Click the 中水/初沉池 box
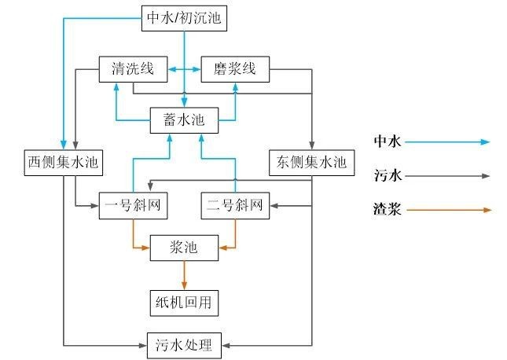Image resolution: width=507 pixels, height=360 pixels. pos(185,18)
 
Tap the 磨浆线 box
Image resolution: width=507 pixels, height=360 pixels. pos(235,69)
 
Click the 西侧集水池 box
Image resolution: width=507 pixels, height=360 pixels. pos(65,163)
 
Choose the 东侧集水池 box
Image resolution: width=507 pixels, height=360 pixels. pos(312,163)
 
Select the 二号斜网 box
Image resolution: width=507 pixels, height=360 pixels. pos(235,207)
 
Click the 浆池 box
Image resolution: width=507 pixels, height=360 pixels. pos(184,248)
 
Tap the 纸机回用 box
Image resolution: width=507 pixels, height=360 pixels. pos(184,300)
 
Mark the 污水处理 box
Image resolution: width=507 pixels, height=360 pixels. pos(184,343)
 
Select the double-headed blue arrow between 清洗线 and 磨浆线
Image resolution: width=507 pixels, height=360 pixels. pos(184,70)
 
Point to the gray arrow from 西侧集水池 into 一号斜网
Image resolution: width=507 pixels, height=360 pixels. pos(87,206)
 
